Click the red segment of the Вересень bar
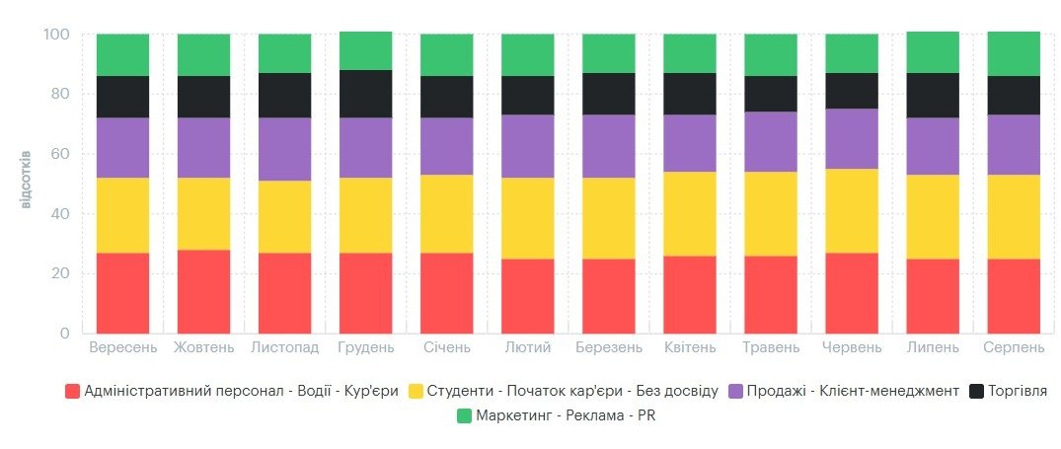122,293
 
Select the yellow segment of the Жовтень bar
203,214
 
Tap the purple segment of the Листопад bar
285,149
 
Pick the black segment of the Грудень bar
366,94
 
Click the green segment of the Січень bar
446,55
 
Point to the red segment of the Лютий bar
528,296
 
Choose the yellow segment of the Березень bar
609,218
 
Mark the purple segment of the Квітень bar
690,143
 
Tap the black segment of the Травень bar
771,94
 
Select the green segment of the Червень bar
852,53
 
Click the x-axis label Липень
933,348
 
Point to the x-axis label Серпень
1014,348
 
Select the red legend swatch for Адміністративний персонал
72,391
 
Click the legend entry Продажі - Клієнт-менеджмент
844,391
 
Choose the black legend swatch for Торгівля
976,391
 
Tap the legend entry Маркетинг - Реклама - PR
557,415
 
